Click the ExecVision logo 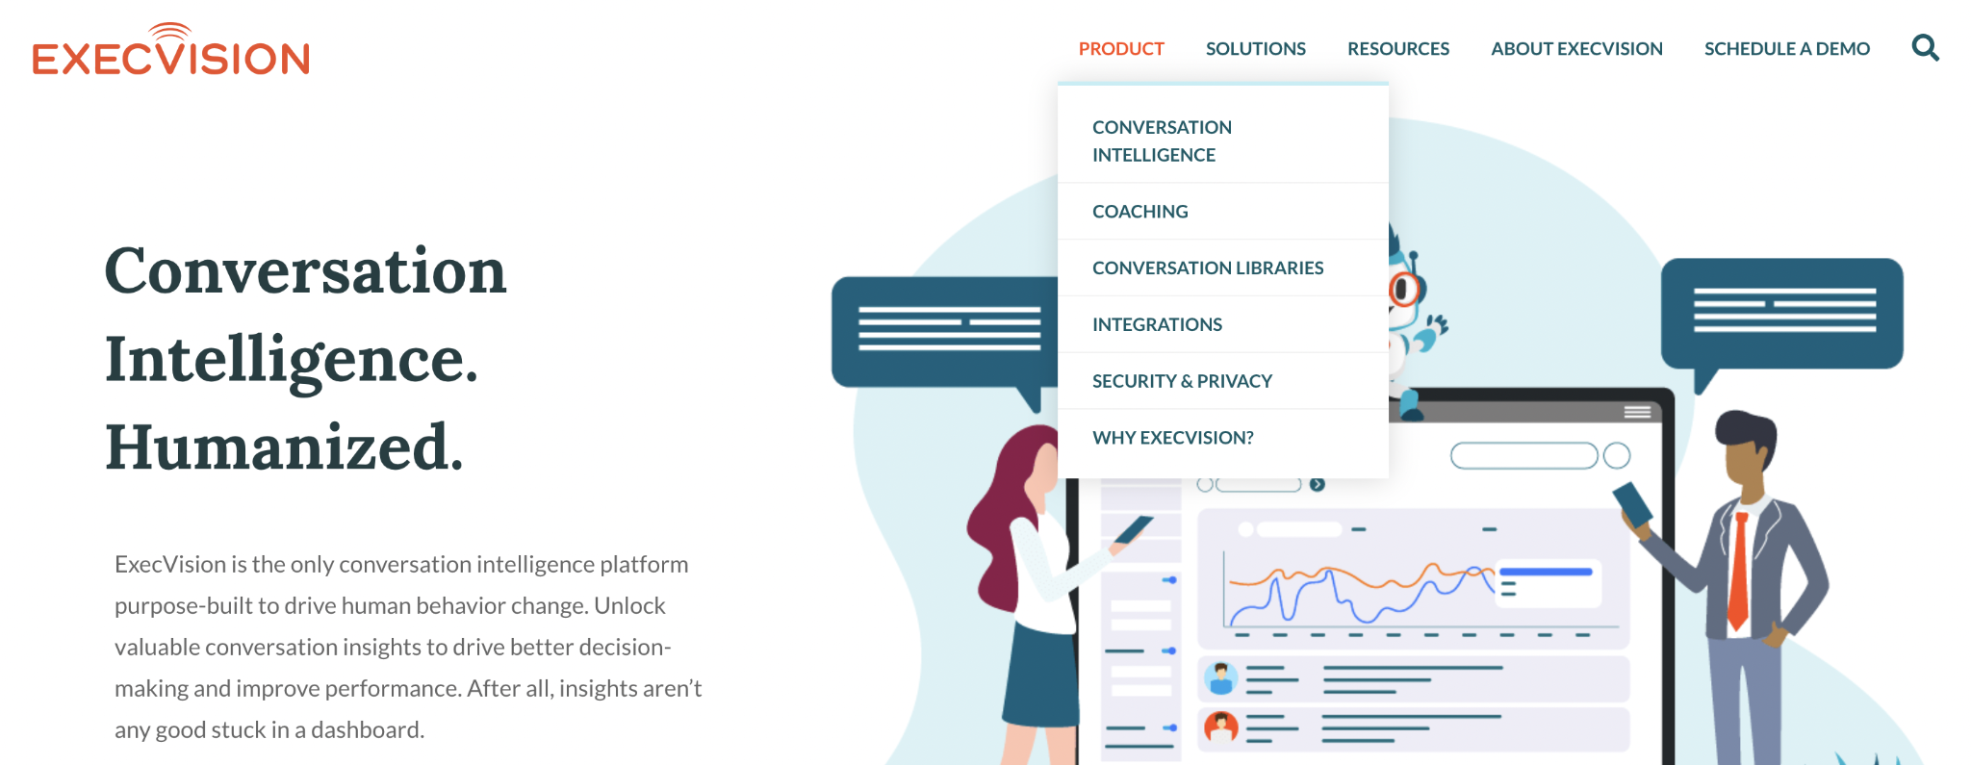170,49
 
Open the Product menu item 1121,49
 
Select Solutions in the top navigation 1255,49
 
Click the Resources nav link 1397,49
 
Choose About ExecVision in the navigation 1576,49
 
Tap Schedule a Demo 1786,49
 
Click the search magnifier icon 1925,47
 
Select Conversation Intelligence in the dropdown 1162,140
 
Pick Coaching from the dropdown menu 1139,212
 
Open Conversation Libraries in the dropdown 1208,268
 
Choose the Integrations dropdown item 1157,325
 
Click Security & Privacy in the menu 1182,382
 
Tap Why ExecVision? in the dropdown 1173,438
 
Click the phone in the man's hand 1632,505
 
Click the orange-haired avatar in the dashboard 1221,727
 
